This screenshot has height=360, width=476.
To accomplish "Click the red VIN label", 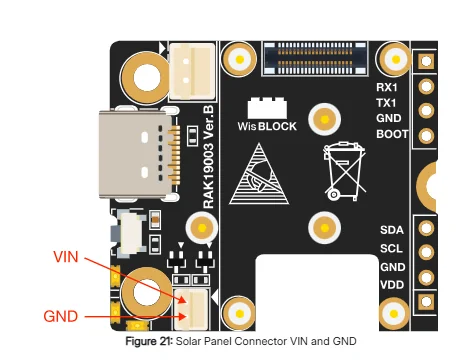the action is tap(66, 257).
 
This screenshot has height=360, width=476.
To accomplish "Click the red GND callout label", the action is tap(61, 316).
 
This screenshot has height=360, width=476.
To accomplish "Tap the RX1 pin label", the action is tap(387, 87).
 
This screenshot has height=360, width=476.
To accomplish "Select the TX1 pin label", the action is tap(386, 103).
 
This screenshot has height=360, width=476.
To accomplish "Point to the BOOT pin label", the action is tap(392, 134).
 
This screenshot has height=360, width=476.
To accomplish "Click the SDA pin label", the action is tap(392, 230).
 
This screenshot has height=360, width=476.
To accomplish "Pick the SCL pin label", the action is tap(391, 248).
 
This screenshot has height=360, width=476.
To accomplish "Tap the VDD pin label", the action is tap(392, 285).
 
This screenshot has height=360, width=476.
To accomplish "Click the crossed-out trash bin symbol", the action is tap(344, 171).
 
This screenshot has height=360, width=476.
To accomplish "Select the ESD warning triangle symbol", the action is tap(259, 174).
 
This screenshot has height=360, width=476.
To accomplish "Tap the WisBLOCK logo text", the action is tap(267, 126).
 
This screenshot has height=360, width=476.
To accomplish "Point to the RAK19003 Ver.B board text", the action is tap(208, 157).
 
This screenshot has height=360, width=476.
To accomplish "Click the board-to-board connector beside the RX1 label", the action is tap(315, 59).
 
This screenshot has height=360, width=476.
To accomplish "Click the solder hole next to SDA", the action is tap(426, 228).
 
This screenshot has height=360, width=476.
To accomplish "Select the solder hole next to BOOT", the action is tap(426, 136).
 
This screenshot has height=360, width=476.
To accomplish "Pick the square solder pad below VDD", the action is tap(426, 301).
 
